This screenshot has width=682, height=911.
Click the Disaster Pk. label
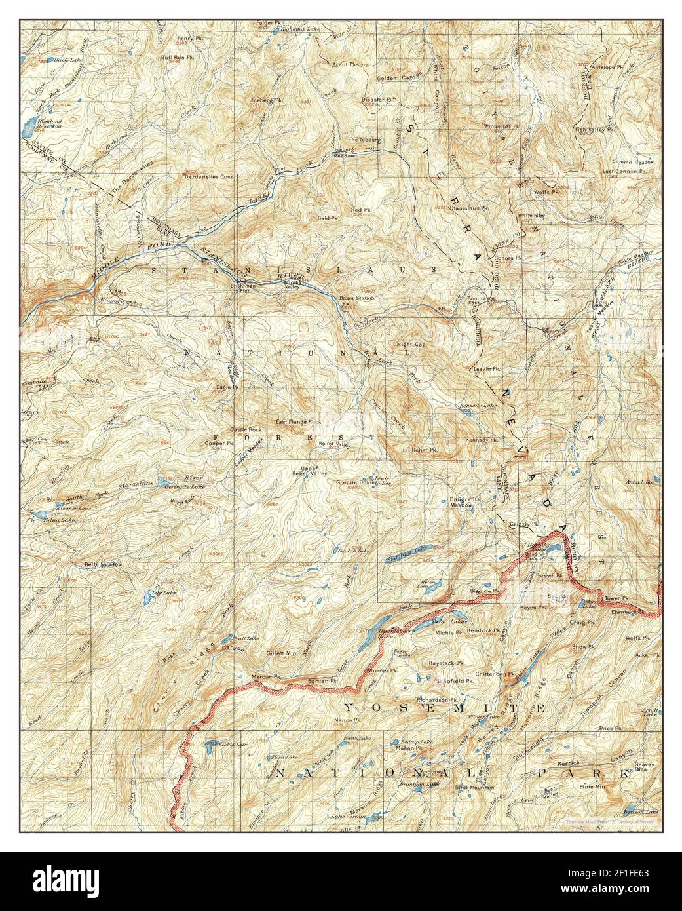click(378, 100)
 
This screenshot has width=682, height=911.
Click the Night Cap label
click(411, 345)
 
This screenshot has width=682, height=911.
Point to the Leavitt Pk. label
click(487, 369)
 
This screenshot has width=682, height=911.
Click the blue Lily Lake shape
click(143, 598)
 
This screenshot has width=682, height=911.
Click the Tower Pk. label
click(616, 599)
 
